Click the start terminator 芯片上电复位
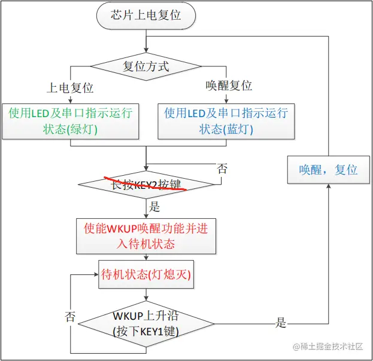(x=146, y=16)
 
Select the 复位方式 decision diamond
(x=145, y=66)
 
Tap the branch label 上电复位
(x=71, y=87)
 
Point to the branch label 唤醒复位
(x=229, y=86)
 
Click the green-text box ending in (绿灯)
(x=71, y=120)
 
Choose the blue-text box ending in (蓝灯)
(x=226, y=120)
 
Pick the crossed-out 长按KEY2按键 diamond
(x=145, y=185)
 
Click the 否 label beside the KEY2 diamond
(x=222, y=169)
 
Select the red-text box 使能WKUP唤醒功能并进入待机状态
(x=145, y=235)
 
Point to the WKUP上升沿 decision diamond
(x=145, y=323)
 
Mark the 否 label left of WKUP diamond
(x=70, y=316)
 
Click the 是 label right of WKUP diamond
(x=281, y=323)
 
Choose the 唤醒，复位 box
(x=328, y=169)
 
